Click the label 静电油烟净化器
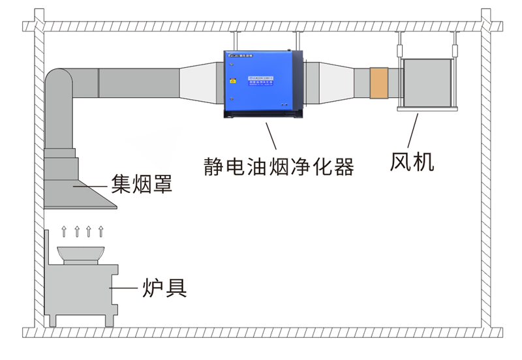[279, 167]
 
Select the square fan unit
[427, 83]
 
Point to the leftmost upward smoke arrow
[65, 230]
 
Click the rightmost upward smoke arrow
[100, 230]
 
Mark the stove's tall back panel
[48, 274]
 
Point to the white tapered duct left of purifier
[198, 83]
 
